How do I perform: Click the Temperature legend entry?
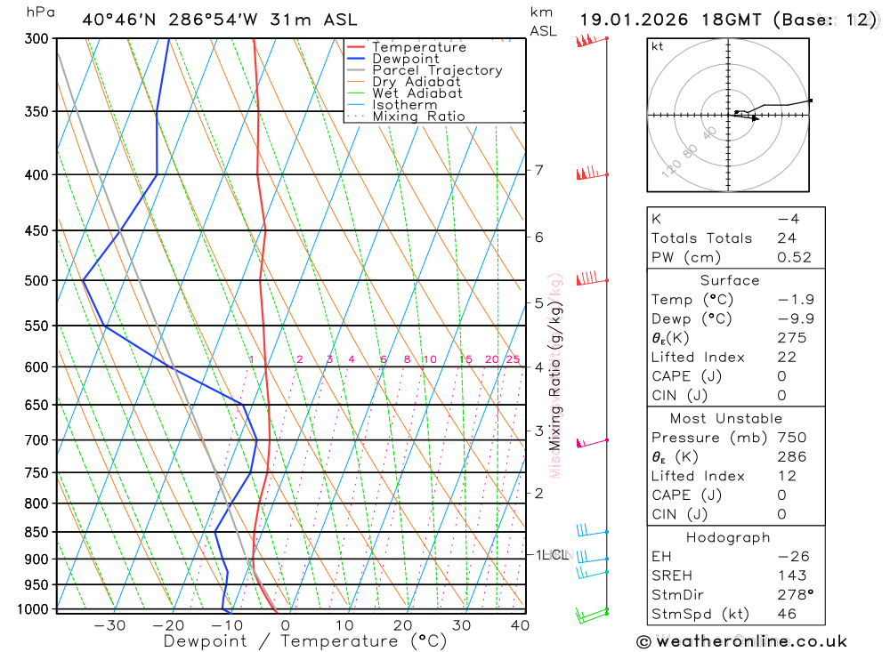pos(418,47)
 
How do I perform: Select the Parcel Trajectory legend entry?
pos(437,70)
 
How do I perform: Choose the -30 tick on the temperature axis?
pos(109,625)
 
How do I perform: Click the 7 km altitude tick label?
pos(539,170)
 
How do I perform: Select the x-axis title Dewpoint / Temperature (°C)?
pos(305,641)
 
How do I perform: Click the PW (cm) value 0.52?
pos(795,257)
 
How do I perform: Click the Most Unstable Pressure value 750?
pos(791,438)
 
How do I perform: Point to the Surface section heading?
pos(730,280)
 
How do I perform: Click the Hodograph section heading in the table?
pos(728,537)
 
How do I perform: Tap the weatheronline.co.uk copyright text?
pos(741,641)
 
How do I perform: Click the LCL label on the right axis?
pos(555,555)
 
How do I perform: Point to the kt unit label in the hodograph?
pos(658,46)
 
